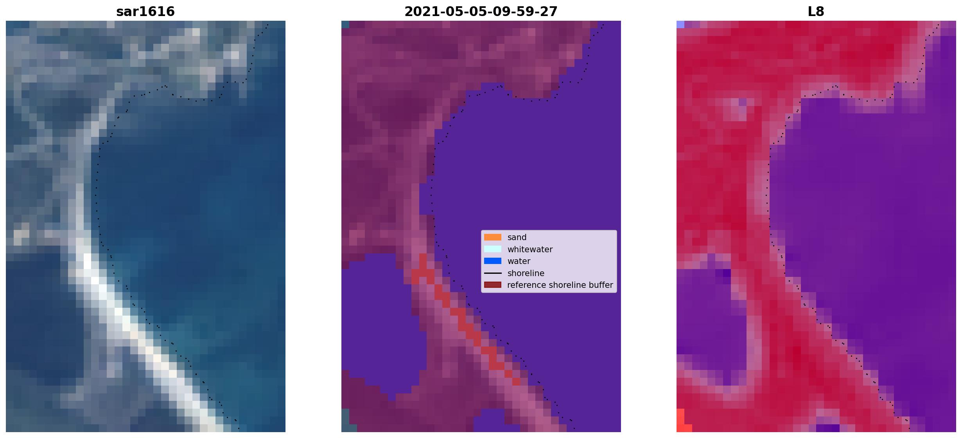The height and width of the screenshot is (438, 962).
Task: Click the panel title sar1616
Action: (x=145, y=12)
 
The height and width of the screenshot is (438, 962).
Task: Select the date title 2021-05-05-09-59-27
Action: (x=481, y=12)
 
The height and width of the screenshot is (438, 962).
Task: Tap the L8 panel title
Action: (x=816, y=12)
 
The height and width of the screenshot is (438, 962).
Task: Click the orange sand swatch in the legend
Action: (x=493, y=237)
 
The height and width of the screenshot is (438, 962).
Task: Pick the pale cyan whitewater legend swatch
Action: (x=493, y=249)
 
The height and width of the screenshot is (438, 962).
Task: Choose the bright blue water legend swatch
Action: (x=493, y=261)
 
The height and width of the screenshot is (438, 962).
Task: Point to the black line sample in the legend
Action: (x=493, y=273)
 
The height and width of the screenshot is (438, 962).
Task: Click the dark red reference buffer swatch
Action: (x=493, y=285)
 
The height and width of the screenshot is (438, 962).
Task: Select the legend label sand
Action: (x=517, y=237)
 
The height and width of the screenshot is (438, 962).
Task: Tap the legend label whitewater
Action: (x=530, y=250)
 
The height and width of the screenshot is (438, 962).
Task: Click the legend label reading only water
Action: (x=519, y=261)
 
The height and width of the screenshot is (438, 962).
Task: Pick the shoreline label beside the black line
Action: (x=526, y=273)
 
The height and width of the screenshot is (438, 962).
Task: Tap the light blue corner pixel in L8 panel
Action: (x=680, y=24)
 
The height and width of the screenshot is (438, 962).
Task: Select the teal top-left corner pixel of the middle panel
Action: (x=345, y=24)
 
